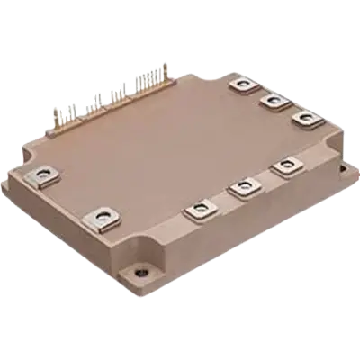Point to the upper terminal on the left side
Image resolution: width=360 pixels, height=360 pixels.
pos(41,172)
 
